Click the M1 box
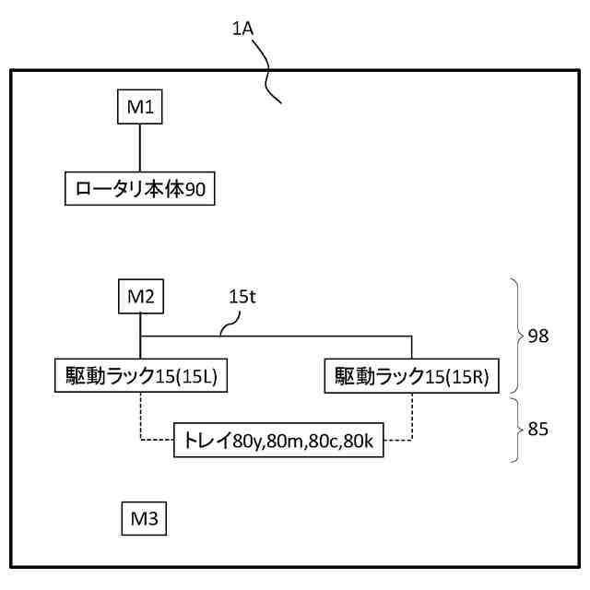tap(139, 106)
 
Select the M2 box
tap(139, 299)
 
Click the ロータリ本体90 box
tap(140, 189)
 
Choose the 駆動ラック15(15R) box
tap(412, 376)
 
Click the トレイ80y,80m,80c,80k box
tap(277, 441)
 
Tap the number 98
tap(537, 336)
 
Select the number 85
tap(537, 428)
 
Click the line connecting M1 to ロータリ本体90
tap(139, 147)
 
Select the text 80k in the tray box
tap(360, 442)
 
